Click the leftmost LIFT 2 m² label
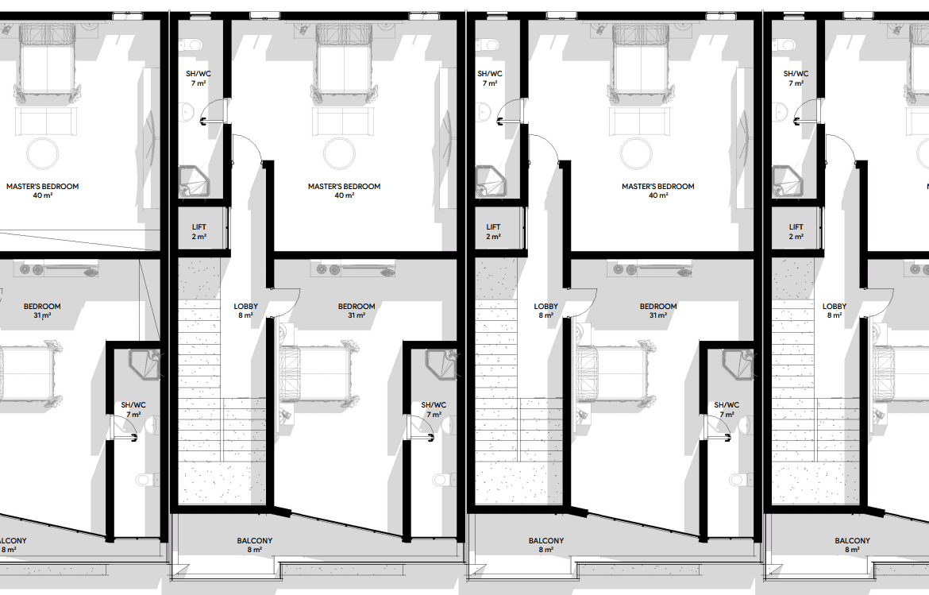click(x=199, y=232)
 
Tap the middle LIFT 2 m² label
click(x=494, y=232)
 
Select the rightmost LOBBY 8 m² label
click(x=835, y=311)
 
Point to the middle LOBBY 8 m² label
click(x=545, y=311)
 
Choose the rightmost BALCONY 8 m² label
click(x=852, y=545)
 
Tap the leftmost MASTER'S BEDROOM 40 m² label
click(x=43, y=191)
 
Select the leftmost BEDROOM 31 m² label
click(x=42, y=311)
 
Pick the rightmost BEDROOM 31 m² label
click(x=657, y=311)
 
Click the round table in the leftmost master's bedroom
click(x=43, y=153)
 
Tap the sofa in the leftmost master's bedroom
click(x=43, y=122)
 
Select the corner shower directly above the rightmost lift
click(x=787, y=181)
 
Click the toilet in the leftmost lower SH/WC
click(x=146, y=479)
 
